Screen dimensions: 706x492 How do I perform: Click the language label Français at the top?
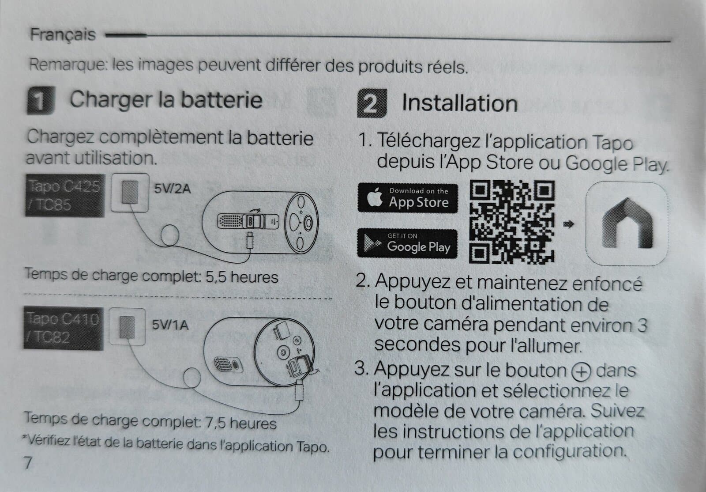tap(63, 34)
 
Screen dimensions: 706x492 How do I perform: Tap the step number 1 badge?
tap(41, 100)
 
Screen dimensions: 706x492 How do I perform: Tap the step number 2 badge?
tap(372, 103)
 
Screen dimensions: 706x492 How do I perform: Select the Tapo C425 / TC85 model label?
tap(65, 196)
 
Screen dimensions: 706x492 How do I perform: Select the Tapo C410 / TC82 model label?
tap(64, 328)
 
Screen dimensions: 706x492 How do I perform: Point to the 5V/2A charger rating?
tap(173, 189)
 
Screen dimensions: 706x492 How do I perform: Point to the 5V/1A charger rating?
tap(170, 325)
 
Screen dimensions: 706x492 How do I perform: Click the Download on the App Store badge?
tap(408, 198)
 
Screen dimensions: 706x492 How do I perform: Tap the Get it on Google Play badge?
tap(407, 243)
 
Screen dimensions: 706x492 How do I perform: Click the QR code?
tap(511, 222)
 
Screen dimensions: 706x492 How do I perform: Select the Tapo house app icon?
tap(627, 223)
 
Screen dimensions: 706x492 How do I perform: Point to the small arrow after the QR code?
tap(569, 224)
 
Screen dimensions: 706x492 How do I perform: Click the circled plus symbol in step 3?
tap(581, 371)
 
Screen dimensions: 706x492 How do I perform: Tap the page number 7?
tap(28, 463)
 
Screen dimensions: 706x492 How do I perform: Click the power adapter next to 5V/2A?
tap(130, 193)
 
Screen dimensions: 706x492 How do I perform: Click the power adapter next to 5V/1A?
tap(127, 327)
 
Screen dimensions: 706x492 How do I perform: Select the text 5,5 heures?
tap(242, 277)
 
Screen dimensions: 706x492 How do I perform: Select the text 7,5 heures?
tap(241, 423)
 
